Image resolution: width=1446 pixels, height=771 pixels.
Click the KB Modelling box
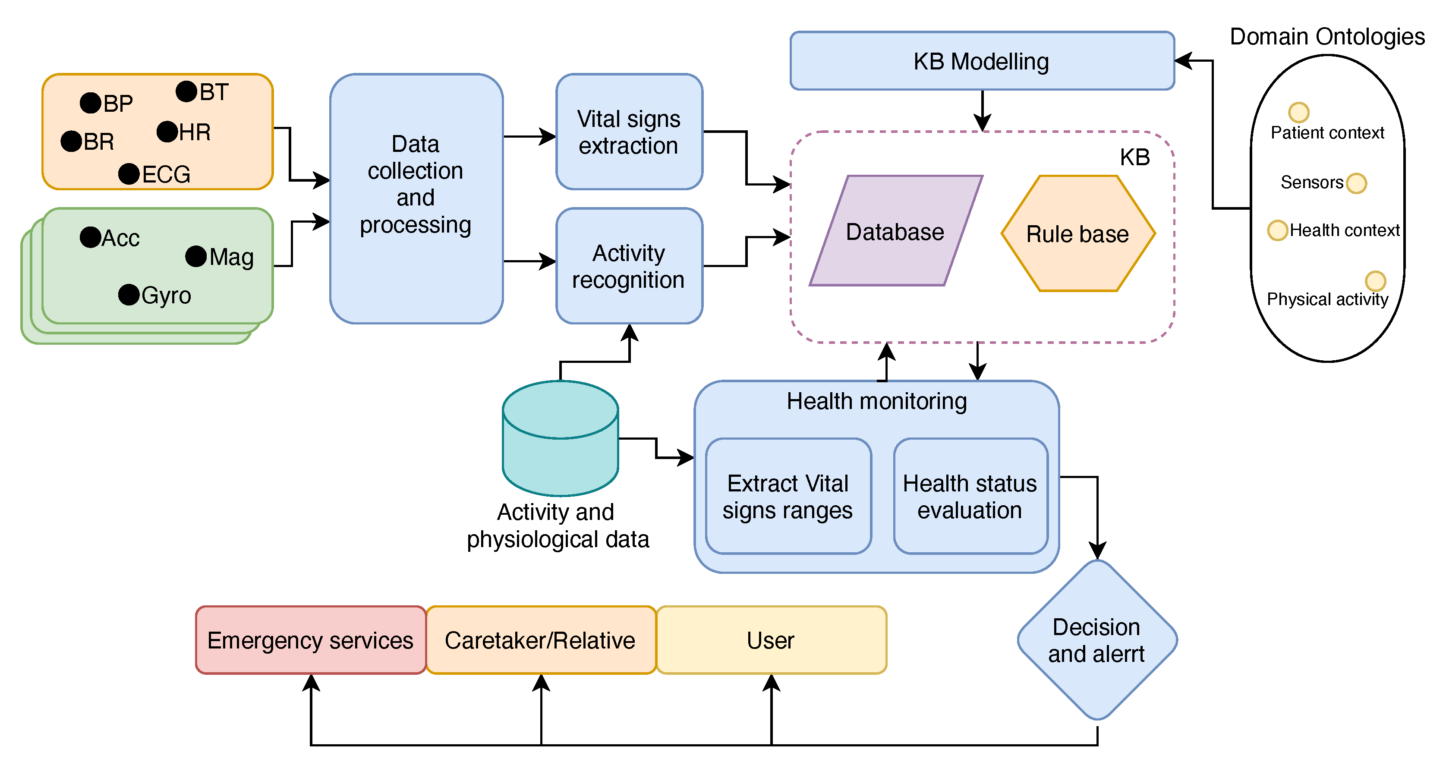pyautogui.click(x=981, y=60)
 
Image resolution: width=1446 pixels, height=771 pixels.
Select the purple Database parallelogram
pyautogui.click(x=895, y=231)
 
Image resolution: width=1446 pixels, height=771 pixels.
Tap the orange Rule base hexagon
pyautogui.click(x=1077, y=233)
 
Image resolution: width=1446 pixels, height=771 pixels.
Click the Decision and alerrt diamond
pyautogui.click(x=1096, y=640)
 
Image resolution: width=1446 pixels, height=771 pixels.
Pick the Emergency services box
pyautogui.click(x=310, y=640)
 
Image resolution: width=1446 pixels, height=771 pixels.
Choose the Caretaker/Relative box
pyautogui.click(x=540, y=640)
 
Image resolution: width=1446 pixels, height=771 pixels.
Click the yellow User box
pyautogui.click(x=771, y=640)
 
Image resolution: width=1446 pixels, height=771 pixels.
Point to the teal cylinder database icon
pyautogui.click(x=560, y=437)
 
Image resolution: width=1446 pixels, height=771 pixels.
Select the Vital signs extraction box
pyautogui.click(x=629, y=132)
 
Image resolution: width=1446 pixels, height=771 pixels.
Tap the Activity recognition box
pyautogui.click(x=629, y=266)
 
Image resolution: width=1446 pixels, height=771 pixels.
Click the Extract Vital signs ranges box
pyautogui.click(x=788, y=496)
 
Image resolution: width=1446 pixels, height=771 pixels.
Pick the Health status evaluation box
pyautogui.click(x=970, y=496)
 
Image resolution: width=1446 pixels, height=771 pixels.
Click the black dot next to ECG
pyautogui.click(x=129, y=174)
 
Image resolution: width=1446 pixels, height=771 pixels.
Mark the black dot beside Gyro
pyautogui.click(x=129, y=295)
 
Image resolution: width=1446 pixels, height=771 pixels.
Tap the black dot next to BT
pyautogui.click(x=186, y=91)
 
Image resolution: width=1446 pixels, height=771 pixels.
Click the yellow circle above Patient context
pyautogui.click(x=1298, y=112)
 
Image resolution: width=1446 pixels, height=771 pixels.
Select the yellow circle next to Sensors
pyautogui.click(x=1356, y=183)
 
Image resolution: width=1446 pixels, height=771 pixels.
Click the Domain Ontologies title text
pyautogui.click(x=1327, y=37)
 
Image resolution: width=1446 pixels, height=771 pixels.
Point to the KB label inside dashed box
pyautogui.click(x=1134, y=157)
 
